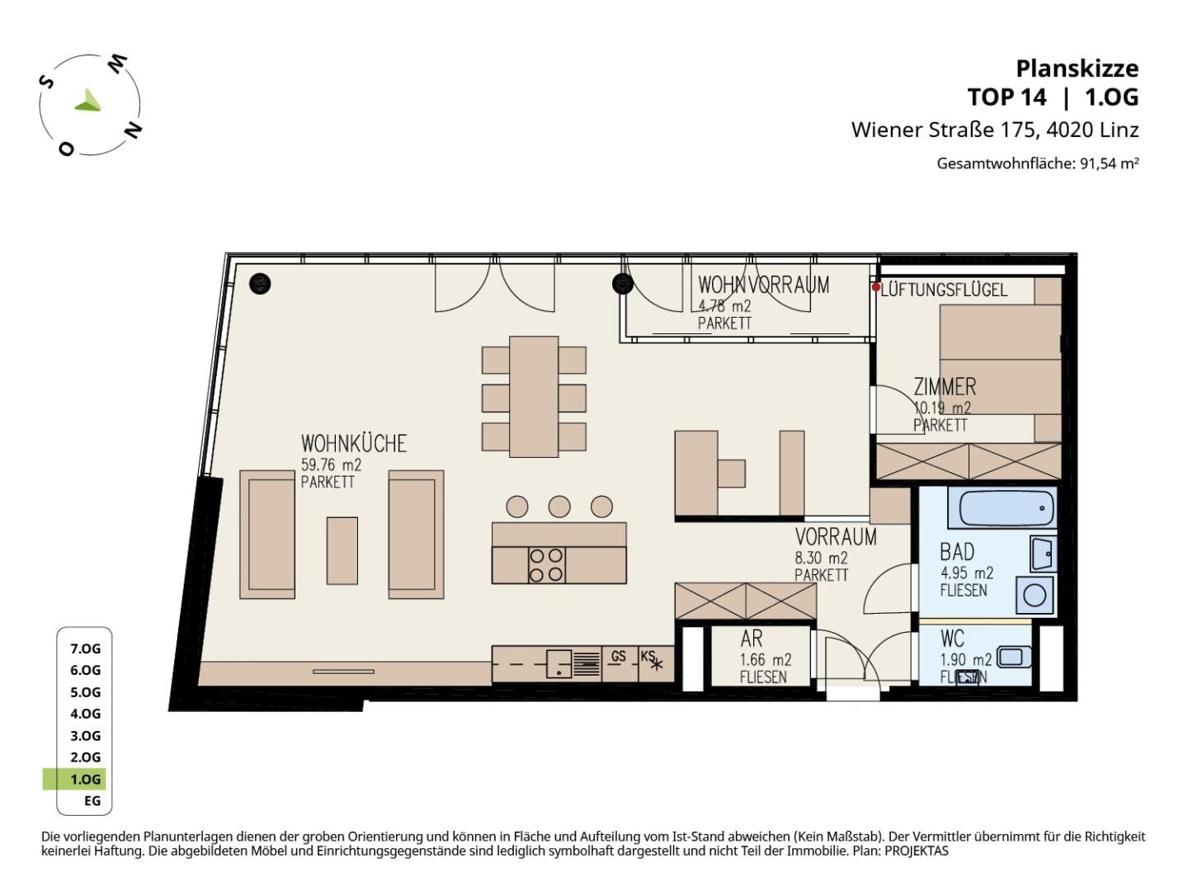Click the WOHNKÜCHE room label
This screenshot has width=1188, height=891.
coord(353,444)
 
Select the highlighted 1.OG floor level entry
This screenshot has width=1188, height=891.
coord(85,780)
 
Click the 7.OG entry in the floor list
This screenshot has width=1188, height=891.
coord(85,648)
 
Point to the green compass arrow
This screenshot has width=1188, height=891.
coord(89,101)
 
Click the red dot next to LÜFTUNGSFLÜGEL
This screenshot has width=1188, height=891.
coord(875,287)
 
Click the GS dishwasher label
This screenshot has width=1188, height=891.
coord(618,656)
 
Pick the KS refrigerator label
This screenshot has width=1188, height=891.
coord(648,656)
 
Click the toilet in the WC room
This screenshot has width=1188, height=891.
coord(1013,658)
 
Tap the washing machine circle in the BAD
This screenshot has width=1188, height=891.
coord(1035,596)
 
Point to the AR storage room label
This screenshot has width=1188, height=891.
coord(752,639)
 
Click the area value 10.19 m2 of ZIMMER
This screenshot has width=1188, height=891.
coord(942,408)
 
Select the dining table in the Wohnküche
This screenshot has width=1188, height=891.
coord(534,397)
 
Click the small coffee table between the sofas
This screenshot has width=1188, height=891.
coord(342,551)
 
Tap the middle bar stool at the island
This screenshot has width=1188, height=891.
coord(559,507)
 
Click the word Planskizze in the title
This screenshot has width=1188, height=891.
coord(1077,69)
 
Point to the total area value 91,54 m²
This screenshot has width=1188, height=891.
coord(1110,163)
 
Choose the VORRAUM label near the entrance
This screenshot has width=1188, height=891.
coord(836,537)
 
